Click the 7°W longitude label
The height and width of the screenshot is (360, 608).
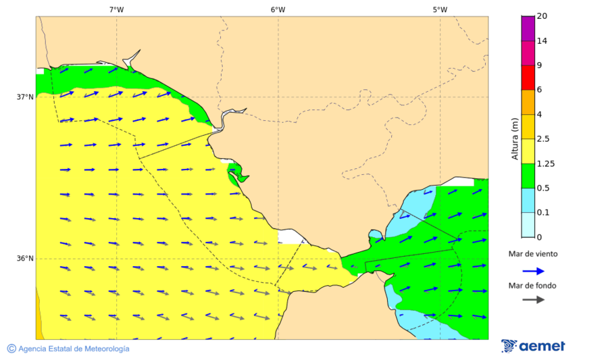pos(116,9)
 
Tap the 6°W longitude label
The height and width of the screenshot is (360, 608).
pos(278,9)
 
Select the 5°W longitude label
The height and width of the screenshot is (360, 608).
pos(440,9)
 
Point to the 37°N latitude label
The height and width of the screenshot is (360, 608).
pos(25,97)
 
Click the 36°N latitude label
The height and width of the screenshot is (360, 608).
pos(25,259)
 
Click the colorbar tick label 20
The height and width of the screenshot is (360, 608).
pos(542,16)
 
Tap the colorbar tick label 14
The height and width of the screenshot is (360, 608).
pos(542,41)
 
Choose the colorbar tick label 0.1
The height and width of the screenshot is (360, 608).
pos(542,213)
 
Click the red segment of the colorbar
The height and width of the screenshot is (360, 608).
pos(528,78)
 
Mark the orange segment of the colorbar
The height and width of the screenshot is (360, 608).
pos(528,102)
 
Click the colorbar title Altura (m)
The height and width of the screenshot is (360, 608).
pos(515,139)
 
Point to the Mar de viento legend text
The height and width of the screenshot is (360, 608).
pos(533,254)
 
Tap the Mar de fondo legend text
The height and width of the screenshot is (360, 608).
pos(533,285)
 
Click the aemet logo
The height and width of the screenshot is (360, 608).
pos(534,346)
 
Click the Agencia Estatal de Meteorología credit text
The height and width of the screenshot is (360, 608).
pos(68,349)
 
